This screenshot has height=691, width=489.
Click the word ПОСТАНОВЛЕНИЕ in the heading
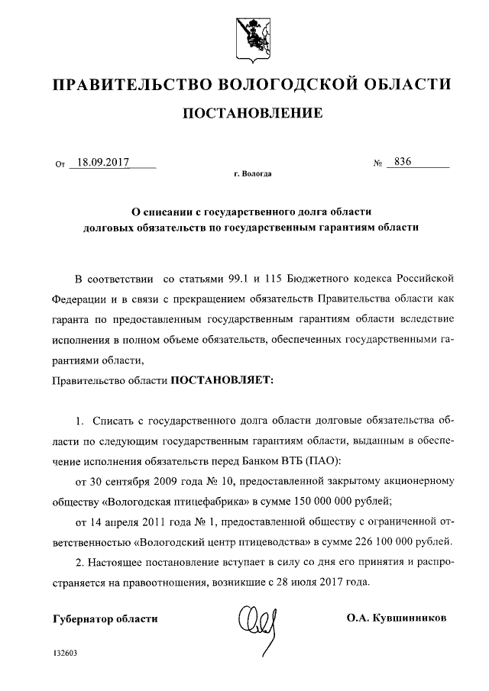251,115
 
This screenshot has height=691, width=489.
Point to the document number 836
398,163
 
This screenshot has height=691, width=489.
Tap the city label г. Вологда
252,174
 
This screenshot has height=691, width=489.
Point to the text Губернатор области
105,618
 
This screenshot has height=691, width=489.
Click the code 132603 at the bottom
65,654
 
